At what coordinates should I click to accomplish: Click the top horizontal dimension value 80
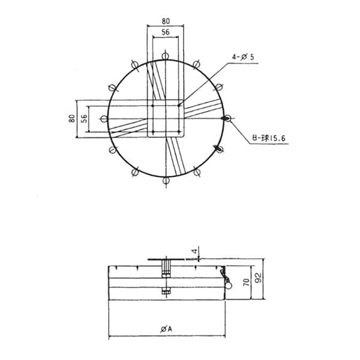point(166,21)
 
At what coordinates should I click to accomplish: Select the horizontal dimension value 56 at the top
point(166,32)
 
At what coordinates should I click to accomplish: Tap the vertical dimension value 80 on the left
point(72,118)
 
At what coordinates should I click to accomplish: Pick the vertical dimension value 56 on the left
point(84,118)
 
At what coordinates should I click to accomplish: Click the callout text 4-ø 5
point(243,57)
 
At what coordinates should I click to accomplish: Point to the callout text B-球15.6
point(269,138)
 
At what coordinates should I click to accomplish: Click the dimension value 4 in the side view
point(195,251)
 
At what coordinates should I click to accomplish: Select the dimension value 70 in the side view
point(246,282)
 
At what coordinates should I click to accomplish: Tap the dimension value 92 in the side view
point(259,278)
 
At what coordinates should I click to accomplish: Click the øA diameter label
point(166,329)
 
